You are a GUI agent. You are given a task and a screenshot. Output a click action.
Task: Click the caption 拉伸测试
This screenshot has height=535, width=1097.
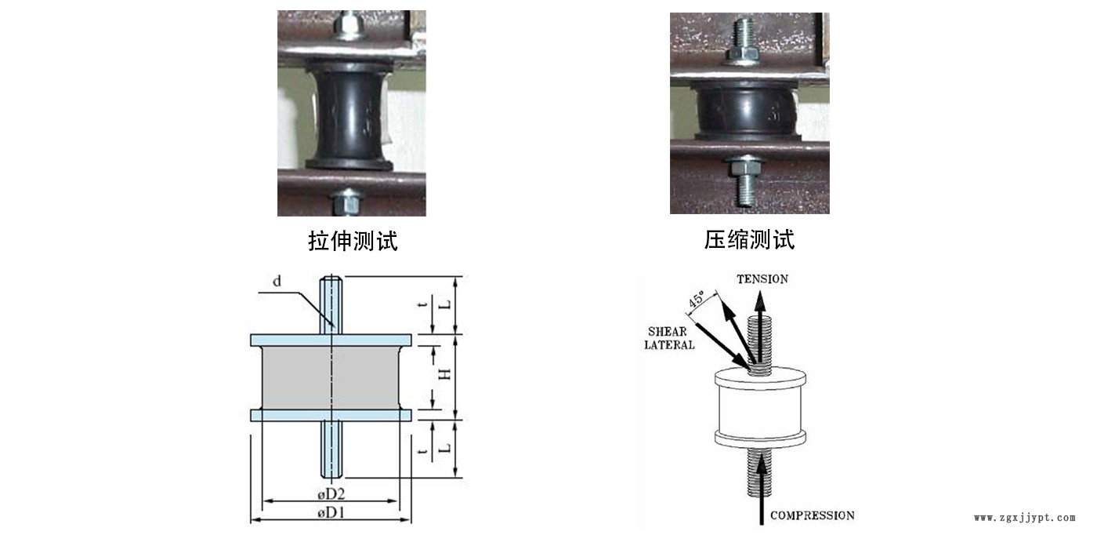coord(353,241)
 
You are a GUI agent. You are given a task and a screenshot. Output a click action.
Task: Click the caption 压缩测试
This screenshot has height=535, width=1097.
coord(749,240)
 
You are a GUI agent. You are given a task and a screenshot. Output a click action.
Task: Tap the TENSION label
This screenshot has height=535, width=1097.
coord(762,279)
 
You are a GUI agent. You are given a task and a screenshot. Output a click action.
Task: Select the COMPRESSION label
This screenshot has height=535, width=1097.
coord(812,515)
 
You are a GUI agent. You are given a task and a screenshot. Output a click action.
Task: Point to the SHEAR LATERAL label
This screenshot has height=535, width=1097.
coord(669,338)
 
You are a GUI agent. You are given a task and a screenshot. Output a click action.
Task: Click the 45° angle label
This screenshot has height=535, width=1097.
coord(697,299)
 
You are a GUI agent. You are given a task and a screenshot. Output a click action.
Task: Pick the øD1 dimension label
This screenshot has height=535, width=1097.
coord(331,513)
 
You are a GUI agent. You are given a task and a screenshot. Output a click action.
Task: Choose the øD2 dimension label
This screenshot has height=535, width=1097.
coord(331,493)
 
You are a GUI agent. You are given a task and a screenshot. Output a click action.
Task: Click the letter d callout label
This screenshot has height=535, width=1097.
coord(277,281)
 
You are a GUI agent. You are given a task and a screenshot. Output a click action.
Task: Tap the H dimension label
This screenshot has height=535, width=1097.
coord(444,375)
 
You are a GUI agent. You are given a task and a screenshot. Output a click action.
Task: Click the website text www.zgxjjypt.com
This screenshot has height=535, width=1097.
coord(1025,518)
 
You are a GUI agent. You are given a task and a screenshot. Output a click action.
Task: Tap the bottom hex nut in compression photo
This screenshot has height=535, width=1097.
coord(744,167)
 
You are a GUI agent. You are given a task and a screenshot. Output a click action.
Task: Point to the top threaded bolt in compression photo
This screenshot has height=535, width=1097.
coord(744,35)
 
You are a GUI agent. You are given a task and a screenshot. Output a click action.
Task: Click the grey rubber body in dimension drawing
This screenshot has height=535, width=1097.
coord(331,377)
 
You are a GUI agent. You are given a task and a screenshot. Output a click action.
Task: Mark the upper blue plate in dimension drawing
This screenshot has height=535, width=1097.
coord(331,340)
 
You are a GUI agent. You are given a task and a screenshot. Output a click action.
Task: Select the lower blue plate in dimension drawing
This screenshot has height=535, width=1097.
coord(331,415)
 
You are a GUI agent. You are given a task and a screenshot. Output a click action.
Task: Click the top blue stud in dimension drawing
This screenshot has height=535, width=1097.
coord(331,305)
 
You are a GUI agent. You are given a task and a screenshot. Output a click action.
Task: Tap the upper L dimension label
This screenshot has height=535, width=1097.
coord(444,305)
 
